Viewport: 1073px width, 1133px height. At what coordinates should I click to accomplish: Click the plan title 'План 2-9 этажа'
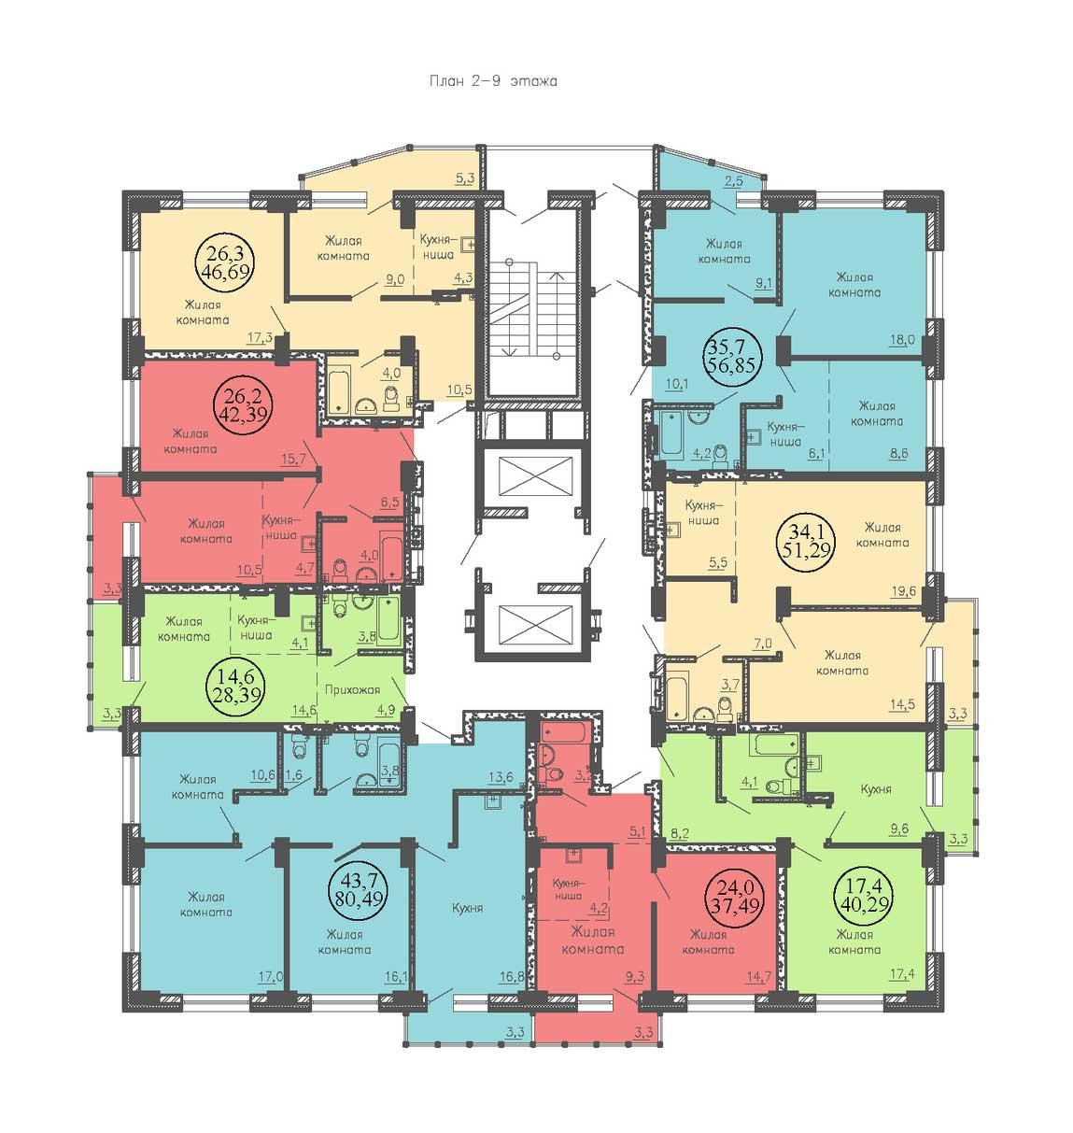click(x=493, y=81)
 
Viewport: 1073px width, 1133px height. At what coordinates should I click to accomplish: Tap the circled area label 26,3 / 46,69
click(x=225, y=262)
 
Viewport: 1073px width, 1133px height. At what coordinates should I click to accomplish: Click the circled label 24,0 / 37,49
click(x=734, y=897)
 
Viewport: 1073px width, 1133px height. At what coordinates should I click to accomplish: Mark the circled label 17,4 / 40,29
click(x=862, y=897)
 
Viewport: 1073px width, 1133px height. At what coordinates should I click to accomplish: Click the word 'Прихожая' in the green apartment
click(x=352, y=689)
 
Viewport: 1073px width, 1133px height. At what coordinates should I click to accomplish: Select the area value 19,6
click(x=902, y=590)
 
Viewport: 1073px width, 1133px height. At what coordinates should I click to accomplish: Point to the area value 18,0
click(x=902, y=339)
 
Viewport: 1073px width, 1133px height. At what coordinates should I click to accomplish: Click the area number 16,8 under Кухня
click(x=512, y=992)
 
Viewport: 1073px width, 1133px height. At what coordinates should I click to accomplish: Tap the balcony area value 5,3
click(x=464, y=178)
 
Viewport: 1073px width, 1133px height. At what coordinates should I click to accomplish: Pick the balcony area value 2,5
click(x=734, y=181)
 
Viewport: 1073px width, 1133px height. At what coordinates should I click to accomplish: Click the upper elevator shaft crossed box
click(x=536, y=476)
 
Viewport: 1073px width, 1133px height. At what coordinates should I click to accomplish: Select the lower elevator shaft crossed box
click(x=536, y=624)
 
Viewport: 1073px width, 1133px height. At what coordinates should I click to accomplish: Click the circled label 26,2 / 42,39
click(x=242, y=404)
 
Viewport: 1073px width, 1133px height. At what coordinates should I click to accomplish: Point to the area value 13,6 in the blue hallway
click(x=501, y=776)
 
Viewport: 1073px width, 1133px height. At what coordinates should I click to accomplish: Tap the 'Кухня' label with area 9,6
click(x=875, y=789)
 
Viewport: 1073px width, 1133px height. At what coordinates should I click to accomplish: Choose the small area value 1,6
click(x=293, y=775)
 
